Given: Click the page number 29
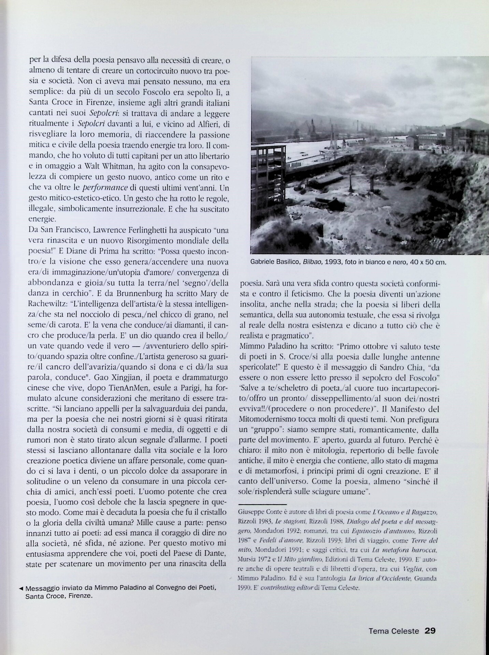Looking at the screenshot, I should pos(430,631).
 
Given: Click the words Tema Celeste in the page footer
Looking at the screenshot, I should pos(393,631).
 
